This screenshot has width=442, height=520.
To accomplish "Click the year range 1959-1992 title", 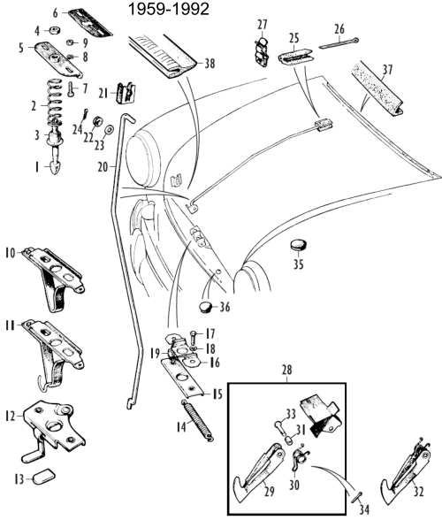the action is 169,9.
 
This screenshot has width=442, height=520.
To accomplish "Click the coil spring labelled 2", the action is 55,102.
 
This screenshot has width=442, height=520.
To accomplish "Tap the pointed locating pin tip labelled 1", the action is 53,166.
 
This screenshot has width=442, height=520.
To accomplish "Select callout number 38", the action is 210,64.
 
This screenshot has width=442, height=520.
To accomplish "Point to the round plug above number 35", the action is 299,245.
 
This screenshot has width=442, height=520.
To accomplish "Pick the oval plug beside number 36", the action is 206,306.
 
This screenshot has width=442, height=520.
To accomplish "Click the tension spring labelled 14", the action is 197,421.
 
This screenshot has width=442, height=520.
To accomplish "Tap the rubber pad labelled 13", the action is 44,476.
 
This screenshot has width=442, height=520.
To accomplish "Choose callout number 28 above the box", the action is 286,370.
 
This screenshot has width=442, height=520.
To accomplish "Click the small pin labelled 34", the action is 356,497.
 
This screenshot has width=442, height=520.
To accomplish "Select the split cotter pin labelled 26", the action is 339,44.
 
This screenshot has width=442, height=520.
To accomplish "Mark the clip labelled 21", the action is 126,93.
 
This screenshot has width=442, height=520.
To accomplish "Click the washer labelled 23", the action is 108,130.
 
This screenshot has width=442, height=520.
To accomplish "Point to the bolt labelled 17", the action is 194,338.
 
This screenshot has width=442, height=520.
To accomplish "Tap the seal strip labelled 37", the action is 377,88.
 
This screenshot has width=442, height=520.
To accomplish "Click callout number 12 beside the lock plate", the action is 11,416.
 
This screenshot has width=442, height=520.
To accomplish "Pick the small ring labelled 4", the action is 54,31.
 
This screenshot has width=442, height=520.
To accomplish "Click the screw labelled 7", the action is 72,89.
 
